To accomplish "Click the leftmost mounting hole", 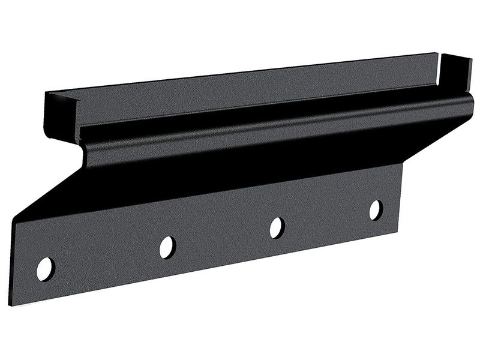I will point(45,269).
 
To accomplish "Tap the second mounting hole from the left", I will point(167,247).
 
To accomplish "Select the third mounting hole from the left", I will point(277,227).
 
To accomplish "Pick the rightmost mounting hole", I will point(376,209).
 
